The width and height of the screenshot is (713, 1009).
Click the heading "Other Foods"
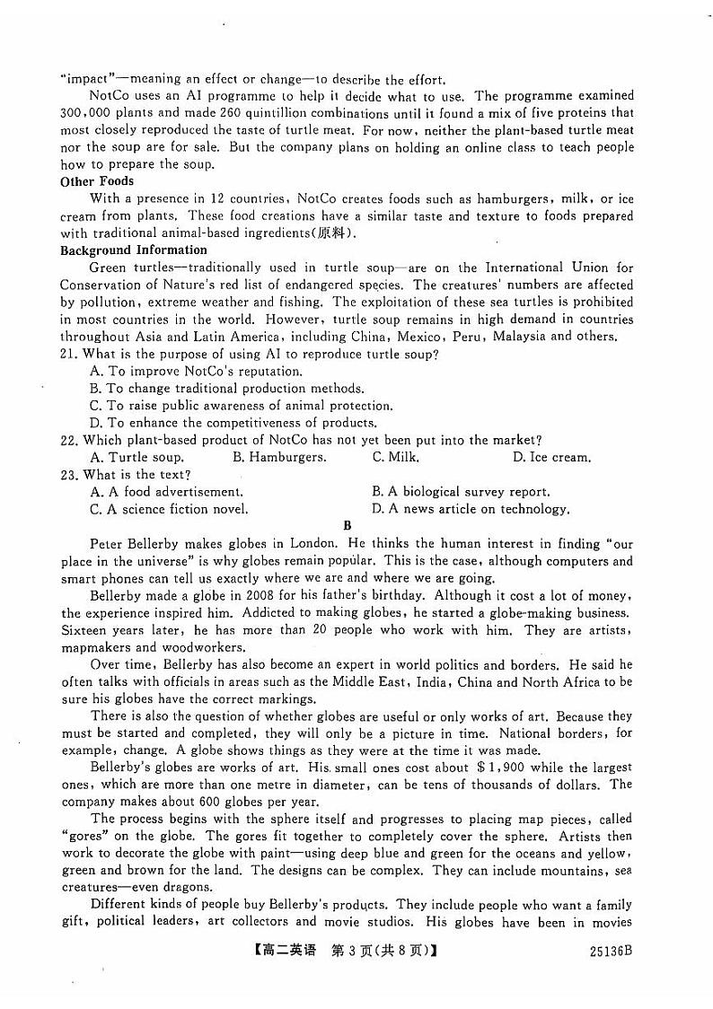coord(97,181)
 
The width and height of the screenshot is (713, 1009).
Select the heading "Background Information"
coord(134,250)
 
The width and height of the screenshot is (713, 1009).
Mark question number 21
coord(70,354)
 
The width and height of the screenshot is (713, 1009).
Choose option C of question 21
coord(241,406)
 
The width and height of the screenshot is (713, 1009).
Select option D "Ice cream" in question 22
coord(551,457)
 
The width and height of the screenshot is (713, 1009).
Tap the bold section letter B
coord(348,526)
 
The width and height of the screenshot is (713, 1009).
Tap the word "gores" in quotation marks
coord(83,837)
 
